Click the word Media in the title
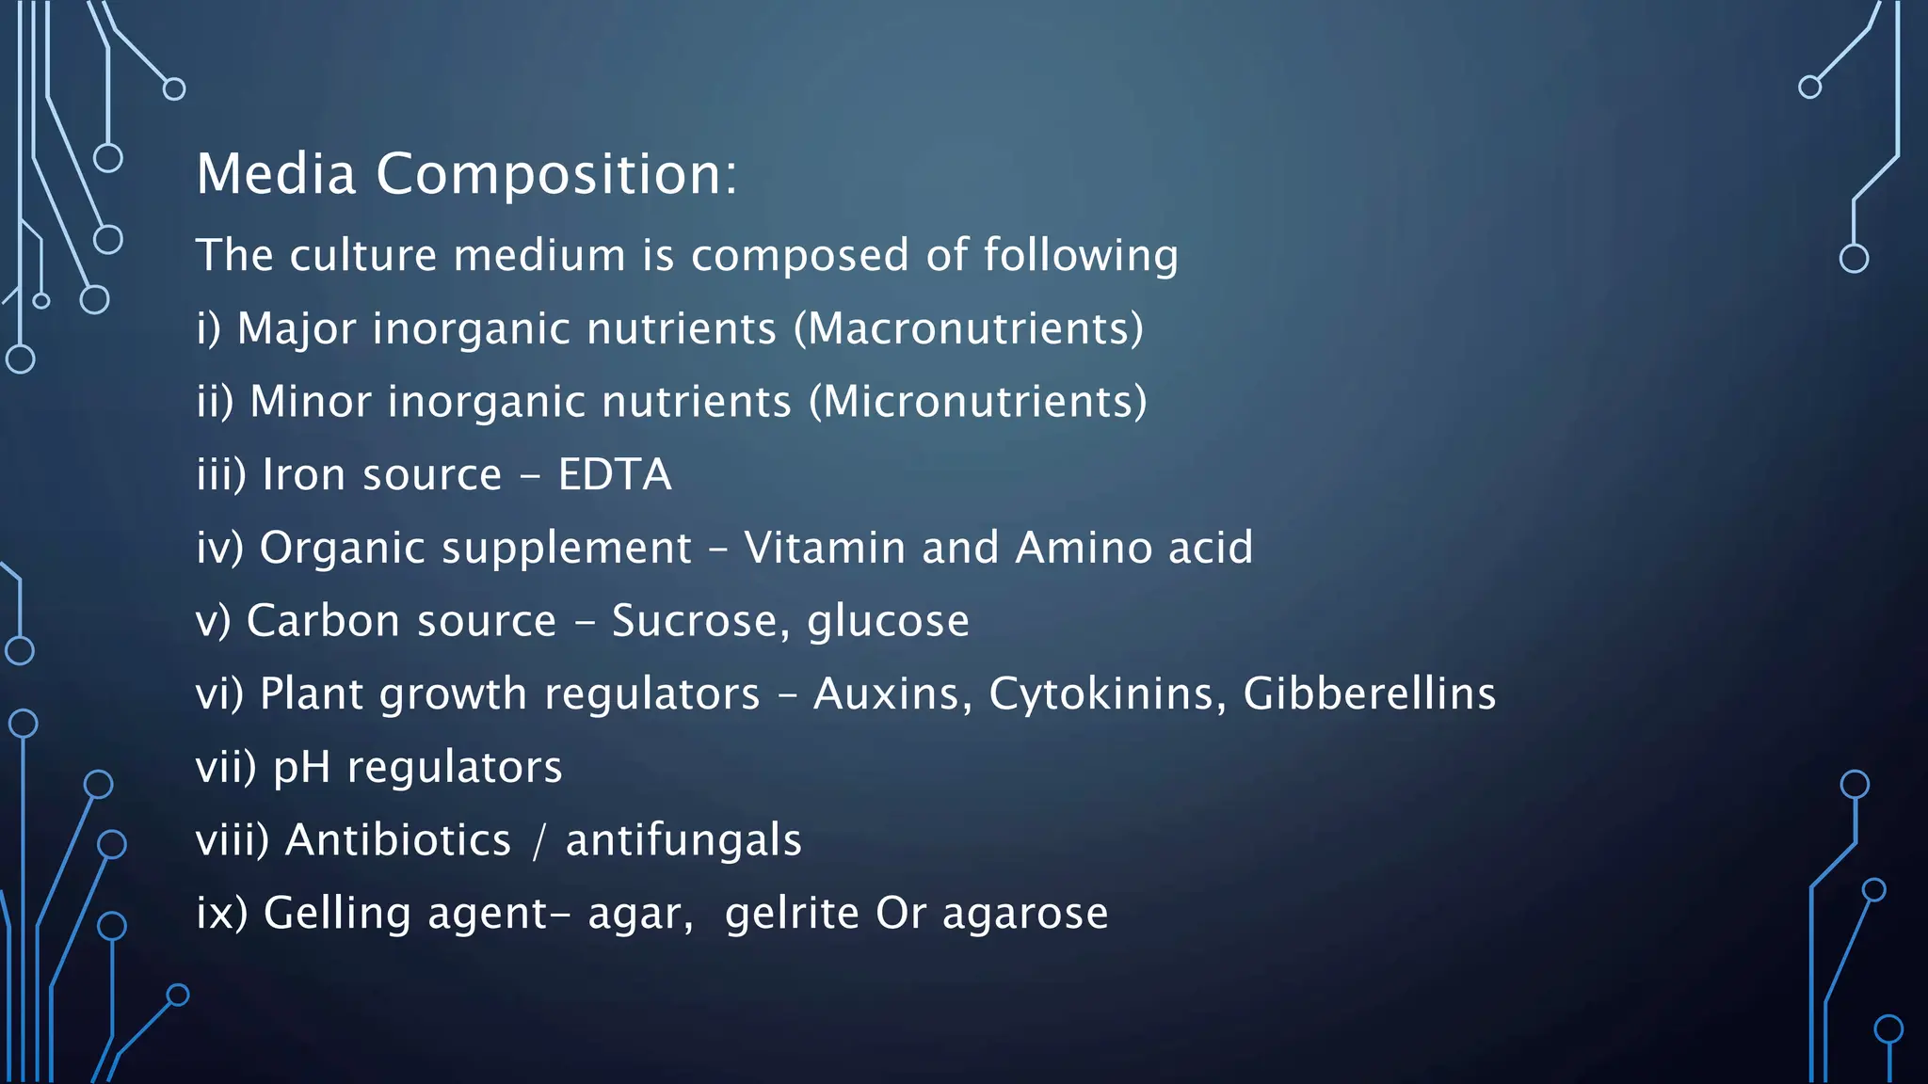tap(276, 174)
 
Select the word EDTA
tap(615, 474)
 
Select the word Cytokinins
tap(1107, 694)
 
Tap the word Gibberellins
tap(1369, 693)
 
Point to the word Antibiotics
tap(398, 839)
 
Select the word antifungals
tap(683, 839)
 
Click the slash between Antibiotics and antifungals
tap(538, 840)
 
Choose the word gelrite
tap(792, 913)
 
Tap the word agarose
tap(1025, 915)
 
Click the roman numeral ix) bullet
tap(221, 913)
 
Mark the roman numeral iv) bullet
tap(220, 548)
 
